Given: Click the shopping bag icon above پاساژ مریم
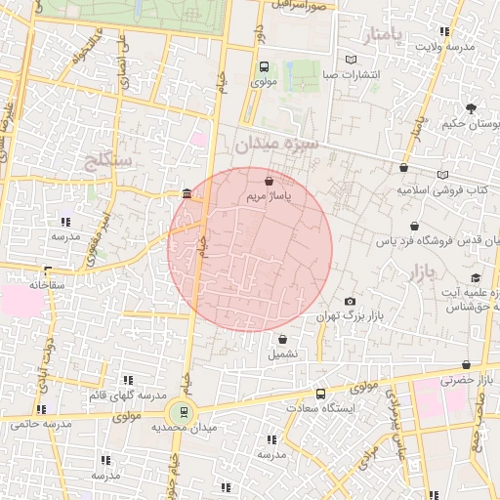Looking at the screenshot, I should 269,180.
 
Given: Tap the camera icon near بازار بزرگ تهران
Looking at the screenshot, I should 351,301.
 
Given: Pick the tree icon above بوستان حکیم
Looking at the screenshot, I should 472,107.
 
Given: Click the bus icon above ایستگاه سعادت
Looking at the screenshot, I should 321,394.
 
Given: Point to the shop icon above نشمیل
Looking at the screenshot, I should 282,340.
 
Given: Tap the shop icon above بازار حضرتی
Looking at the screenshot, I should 466,364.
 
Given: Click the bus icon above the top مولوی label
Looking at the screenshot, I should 263,67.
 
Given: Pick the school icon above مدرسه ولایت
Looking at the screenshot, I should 445,31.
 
